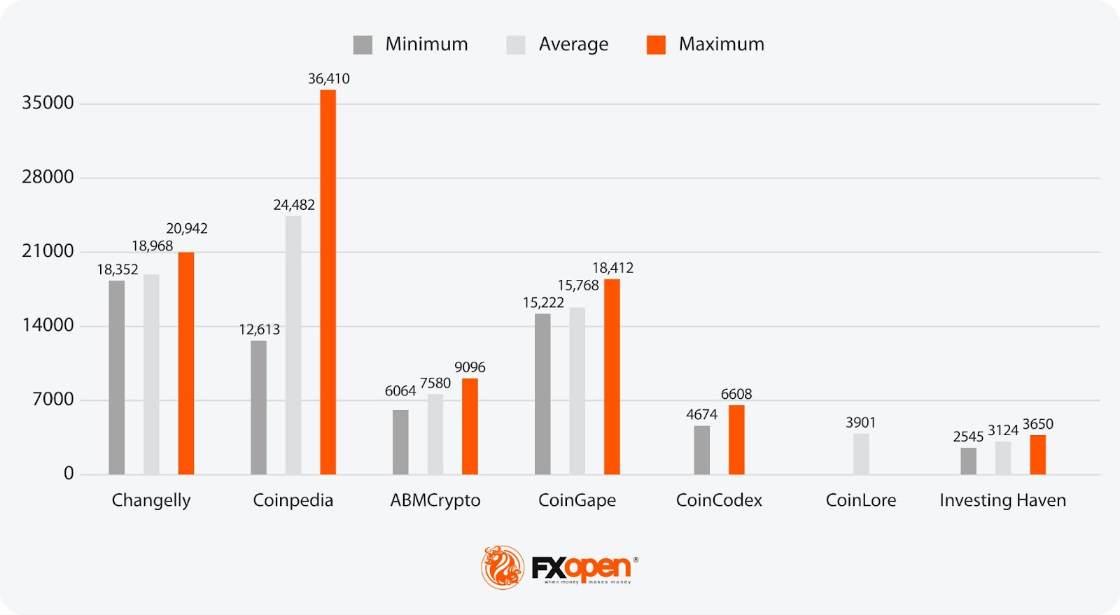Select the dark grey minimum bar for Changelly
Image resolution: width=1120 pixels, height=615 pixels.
[x=117, y=378]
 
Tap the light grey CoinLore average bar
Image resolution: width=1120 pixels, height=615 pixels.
[x=861, y=454]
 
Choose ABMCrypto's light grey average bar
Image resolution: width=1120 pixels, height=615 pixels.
[x=435, y=434]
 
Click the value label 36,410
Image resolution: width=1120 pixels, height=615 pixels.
[x=328, y=79]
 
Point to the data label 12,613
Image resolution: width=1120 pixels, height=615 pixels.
[x=259, y=330]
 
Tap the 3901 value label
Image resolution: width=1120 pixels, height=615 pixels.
[x=860, y=423]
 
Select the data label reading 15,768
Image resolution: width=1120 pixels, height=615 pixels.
[x=577, y=285]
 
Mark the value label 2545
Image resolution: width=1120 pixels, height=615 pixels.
[x=968, y=437]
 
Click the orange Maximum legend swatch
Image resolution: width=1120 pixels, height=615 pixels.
[x=656, y=45]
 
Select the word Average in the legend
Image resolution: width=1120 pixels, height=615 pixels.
[x=573, y=44]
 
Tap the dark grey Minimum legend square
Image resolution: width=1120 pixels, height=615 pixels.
[x=363, y=45]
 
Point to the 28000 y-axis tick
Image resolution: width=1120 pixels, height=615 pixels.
[x=48, y=177]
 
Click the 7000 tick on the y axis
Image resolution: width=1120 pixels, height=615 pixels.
[x=53, y=400]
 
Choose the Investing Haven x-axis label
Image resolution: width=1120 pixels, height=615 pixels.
[x=1002, y=500]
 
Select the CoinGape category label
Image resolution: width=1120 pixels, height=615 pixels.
[x=577, y=500]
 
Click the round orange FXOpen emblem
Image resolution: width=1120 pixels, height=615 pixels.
[x=503, y=567]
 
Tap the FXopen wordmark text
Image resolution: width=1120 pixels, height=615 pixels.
[x=581, y=567]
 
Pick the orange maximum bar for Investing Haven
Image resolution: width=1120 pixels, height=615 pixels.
[x=1037, y=455]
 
